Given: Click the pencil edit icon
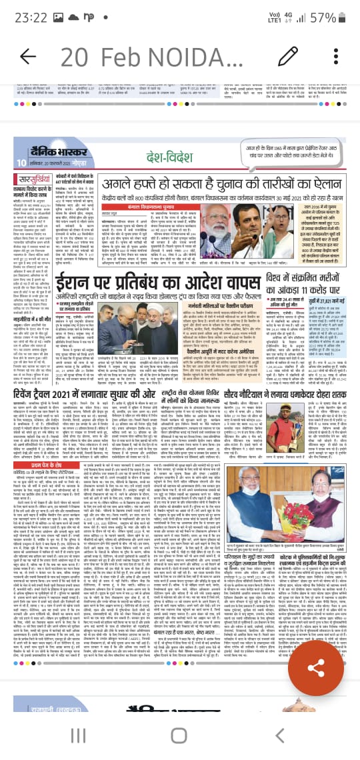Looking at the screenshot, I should (288, 55).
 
